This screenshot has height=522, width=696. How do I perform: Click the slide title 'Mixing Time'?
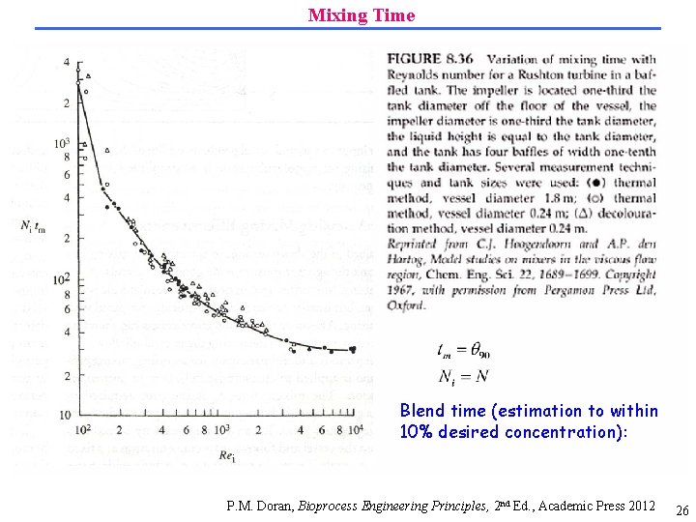pos(362,15)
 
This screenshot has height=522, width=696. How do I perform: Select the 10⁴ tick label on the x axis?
pos(356,428)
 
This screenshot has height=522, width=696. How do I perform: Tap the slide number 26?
pos(681,510)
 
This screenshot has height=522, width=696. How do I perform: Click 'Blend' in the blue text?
pos(421,411)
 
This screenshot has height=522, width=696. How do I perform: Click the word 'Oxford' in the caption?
pos(406,305)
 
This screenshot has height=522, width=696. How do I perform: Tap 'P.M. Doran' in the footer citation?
pos(259,506)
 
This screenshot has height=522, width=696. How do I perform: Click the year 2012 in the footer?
pos(639,506)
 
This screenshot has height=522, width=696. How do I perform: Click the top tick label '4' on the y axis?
pos(67,62)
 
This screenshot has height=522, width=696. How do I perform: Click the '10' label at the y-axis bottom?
pos(64,416)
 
